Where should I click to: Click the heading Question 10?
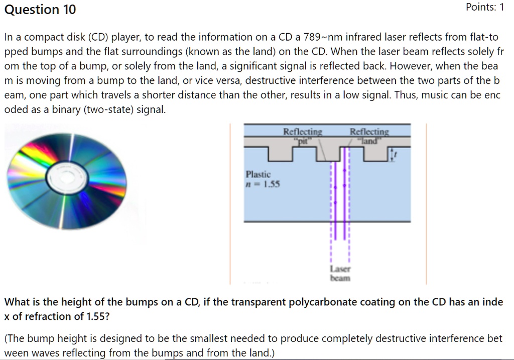coord(40,10)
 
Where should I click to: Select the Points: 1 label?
coord(484,8)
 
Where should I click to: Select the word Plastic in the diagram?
coord(258,174)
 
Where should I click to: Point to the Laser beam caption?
coord(340,273)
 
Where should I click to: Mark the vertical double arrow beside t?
coord(391,154)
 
